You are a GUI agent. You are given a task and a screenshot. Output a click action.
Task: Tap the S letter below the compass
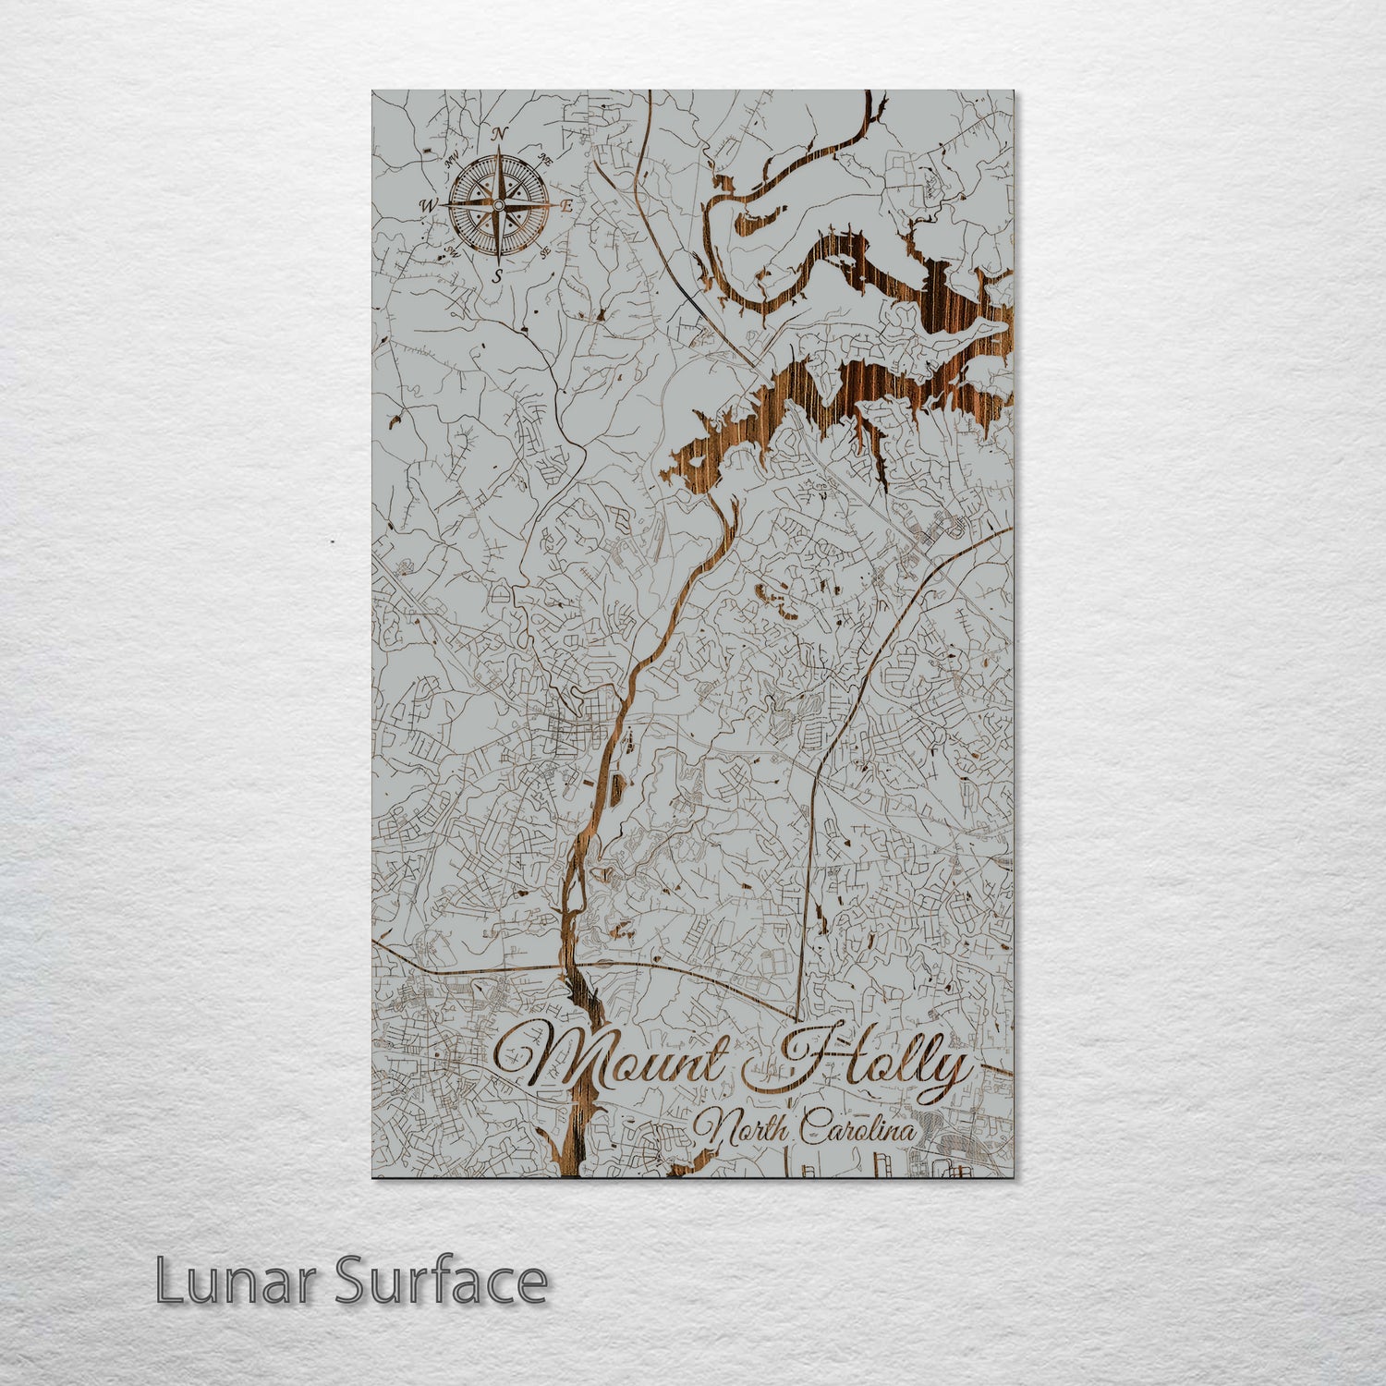click(498, 274)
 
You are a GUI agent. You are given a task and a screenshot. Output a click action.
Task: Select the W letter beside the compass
click(429, 204)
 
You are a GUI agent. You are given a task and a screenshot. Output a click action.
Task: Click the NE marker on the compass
click(546, 162)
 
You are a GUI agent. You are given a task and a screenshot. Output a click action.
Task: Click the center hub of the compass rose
click(499, 204)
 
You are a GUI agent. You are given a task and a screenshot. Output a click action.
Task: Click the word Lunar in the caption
click(236, 1282)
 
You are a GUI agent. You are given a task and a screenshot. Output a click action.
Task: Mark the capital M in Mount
click(545, 1058)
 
